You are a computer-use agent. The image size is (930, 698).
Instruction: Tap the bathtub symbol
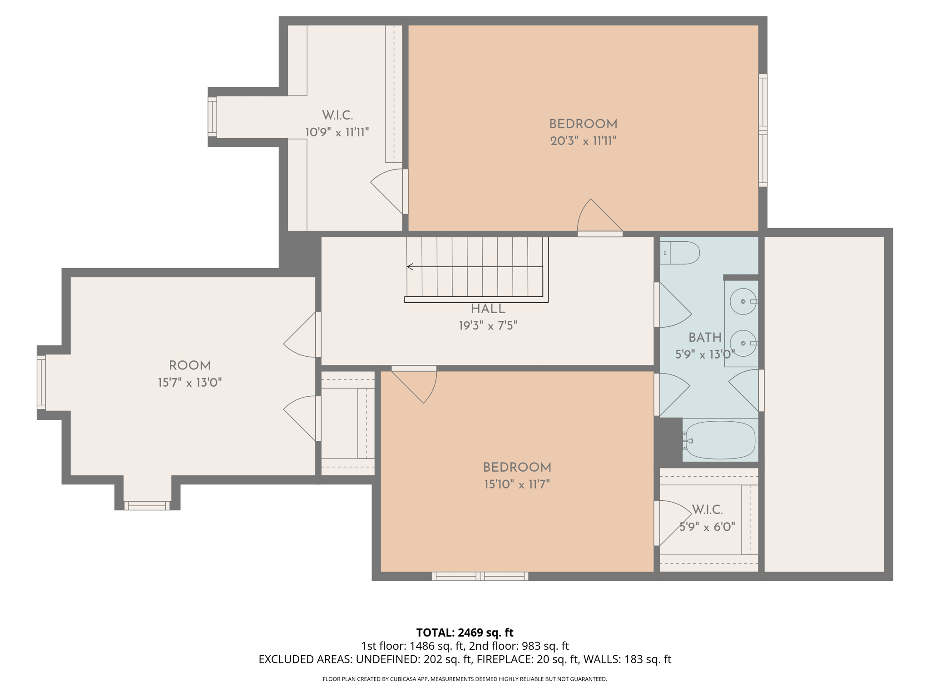[720, 440]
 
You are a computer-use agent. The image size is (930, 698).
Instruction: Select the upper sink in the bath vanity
[743, 301]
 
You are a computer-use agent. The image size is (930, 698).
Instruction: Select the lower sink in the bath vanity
[743, 343]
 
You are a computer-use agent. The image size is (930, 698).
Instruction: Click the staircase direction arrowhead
[410, 267]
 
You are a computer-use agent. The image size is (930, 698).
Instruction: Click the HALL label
[488, 309]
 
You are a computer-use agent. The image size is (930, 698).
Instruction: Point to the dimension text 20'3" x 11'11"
[583, 141]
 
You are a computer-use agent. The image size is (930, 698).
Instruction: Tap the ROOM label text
[190, 366]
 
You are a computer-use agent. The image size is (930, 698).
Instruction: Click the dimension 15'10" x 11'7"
[517, 484]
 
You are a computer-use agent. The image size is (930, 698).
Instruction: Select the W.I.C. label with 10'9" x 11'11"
[337, 115]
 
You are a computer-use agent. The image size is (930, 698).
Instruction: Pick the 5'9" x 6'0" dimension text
[707, 527]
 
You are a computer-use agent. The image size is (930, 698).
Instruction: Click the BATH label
[705, 338]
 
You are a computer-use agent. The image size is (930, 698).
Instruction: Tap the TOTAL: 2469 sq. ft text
[465, 633]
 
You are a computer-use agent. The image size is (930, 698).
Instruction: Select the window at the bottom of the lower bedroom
[480, 576]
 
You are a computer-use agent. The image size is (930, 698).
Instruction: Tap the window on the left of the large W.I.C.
[212, 117]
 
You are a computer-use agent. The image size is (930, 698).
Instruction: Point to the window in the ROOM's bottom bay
[147, 505]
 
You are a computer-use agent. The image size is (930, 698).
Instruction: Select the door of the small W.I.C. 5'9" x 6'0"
[672, 523]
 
